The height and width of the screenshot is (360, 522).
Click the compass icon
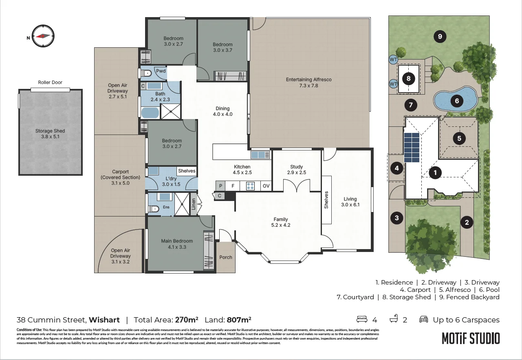tap(43, 36)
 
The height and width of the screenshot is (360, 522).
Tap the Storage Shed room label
tap(50, 134)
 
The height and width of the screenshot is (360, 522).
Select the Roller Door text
tap(50, 82)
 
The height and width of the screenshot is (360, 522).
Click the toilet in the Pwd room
tap(146, 73)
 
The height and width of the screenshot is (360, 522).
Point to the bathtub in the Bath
tap(150, 113)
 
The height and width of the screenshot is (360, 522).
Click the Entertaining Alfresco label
tap(309, 82)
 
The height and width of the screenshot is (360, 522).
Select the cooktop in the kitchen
tap(250, 186)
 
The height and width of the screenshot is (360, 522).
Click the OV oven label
tap(266, 186)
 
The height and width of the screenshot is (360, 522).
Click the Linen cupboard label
tap(194, 204)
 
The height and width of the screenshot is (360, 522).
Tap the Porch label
tap(226, 257)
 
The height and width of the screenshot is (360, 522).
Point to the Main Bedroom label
tap(177, 244)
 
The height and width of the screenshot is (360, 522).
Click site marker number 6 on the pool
tap(457, 101)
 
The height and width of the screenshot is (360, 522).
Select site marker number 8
tap(408, 78)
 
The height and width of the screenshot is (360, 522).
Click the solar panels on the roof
tap(412, 147)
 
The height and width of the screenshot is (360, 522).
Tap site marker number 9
tap(440, 36)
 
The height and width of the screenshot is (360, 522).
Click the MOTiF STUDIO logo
tap(471, 338)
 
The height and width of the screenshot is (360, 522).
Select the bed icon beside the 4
tap(362, 319)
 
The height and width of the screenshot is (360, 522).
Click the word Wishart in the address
tap(104, 320)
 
